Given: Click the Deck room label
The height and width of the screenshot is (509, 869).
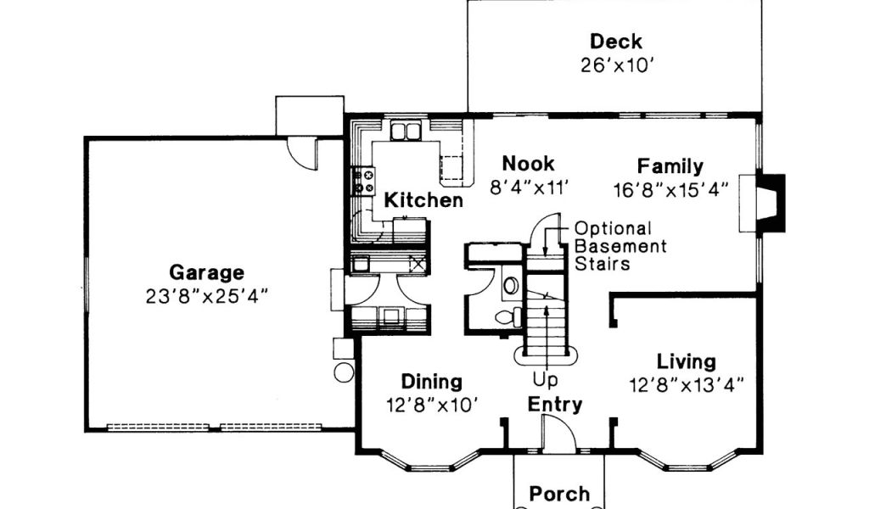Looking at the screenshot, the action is coord(616,42).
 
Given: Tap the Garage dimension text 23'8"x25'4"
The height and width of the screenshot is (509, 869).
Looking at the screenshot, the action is coord(207,296).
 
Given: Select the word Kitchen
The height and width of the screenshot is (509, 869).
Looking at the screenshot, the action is coord(423,200).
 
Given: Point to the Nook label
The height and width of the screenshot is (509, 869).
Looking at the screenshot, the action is coord(528,164).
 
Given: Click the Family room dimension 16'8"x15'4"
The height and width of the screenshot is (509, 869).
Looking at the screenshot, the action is coord(670,190).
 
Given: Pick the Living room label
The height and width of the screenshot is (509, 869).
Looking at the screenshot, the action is coord(686,361).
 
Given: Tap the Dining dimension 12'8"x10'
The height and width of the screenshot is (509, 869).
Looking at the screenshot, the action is coord(432,406).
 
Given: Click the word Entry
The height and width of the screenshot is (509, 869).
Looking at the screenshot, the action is coord(555,405).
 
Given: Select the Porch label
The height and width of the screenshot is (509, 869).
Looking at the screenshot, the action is coord(560,494).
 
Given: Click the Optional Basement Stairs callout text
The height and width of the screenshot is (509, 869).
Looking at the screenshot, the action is coord(620,246).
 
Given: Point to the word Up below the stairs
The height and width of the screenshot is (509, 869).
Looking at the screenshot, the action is coord(546,380).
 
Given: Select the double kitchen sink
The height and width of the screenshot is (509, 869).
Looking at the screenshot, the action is coord(406,131).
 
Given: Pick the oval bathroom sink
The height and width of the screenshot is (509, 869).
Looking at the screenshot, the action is coord(511,285).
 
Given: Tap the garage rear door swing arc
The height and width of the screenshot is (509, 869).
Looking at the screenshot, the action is coord(300,155).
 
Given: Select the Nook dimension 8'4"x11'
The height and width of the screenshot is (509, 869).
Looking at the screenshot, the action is coord(530,187).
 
